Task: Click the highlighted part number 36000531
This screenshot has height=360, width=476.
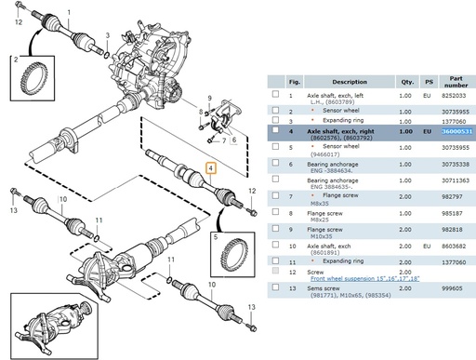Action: click(457, 133)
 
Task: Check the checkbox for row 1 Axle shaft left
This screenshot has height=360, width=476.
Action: click(276, 95)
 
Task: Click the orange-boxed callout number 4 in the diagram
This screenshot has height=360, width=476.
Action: click(211, 169)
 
